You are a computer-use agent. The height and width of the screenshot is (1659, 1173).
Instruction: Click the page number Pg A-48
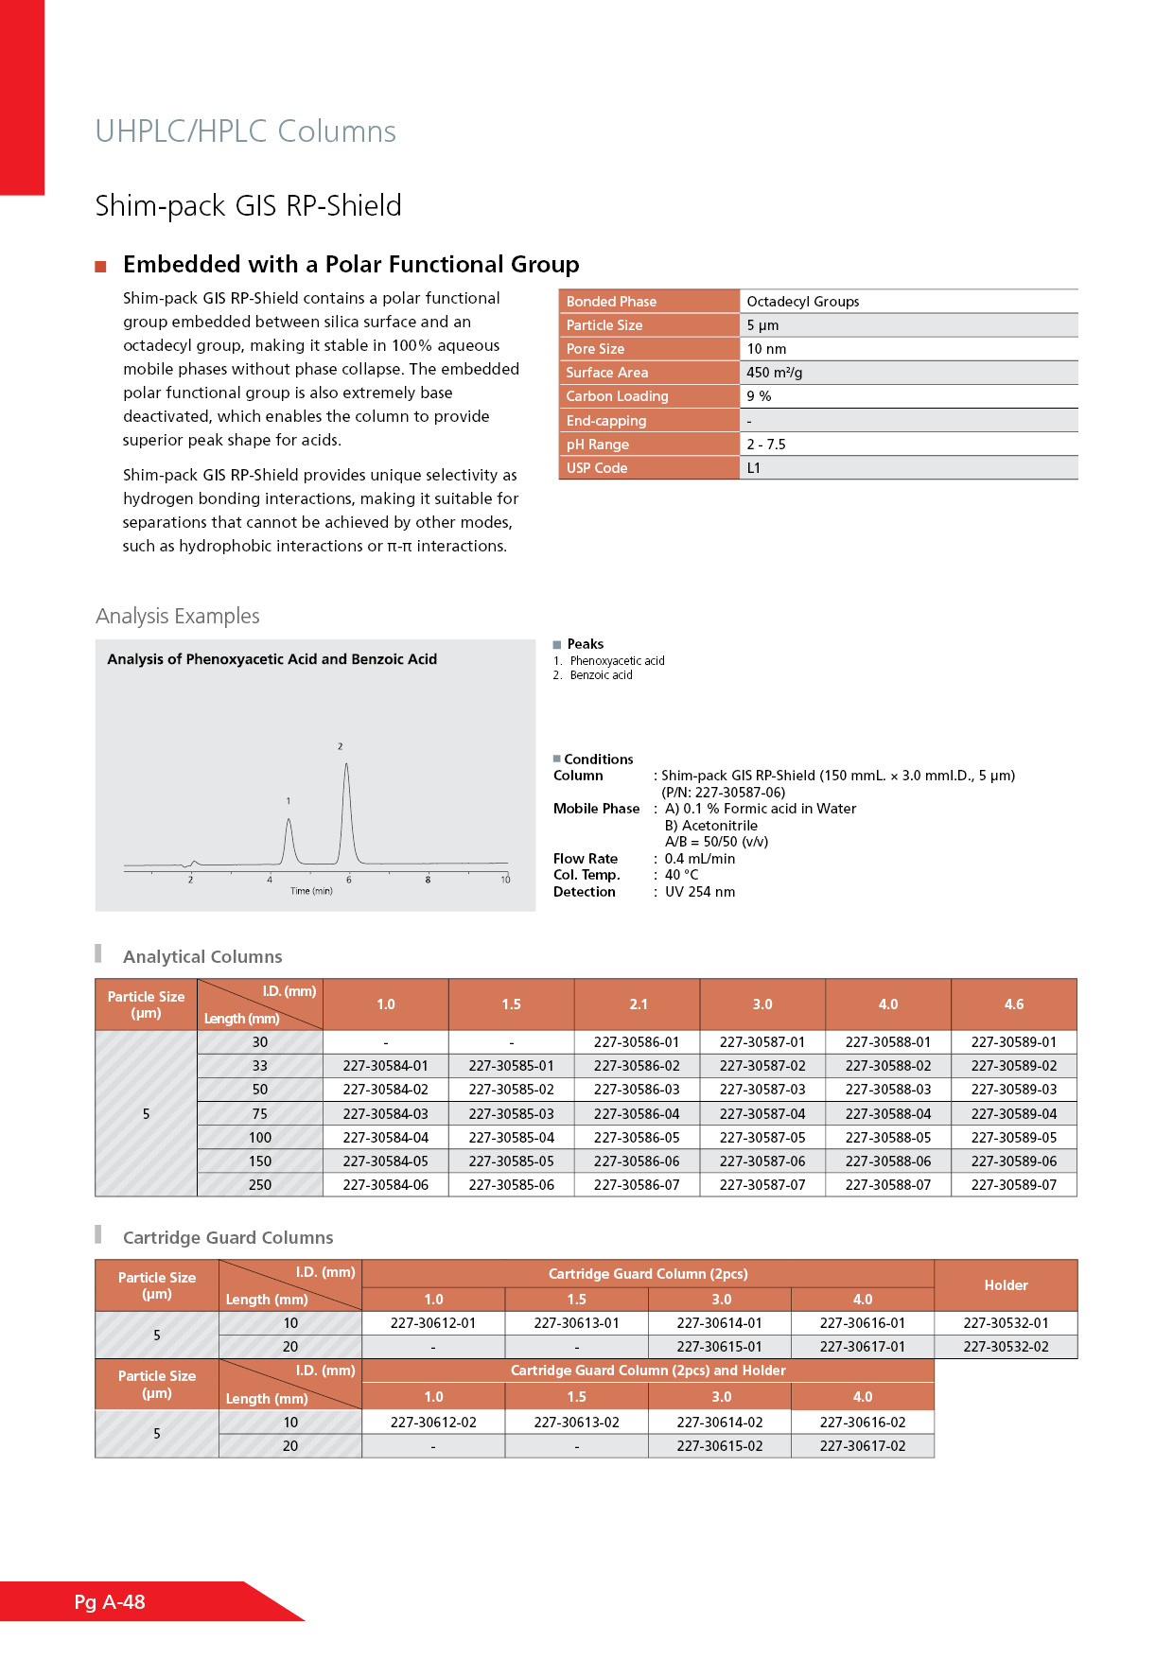(110, 1601)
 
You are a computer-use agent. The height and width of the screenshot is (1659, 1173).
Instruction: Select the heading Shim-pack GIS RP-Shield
(248, 205)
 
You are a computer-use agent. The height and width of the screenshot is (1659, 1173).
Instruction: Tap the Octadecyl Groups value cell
(802, 302)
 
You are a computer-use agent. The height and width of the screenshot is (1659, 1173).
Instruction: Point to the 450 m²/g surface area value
(774, 373)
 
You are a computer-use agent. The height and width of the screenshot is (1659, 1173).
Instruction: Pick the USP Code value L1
(754, 468)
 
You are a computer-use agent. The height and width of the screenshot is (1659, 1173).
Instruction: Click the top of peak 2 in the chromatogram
(347, 764)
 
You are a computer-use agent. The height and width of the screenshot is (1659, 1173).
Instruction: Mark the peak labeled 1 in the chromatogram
(289, 820)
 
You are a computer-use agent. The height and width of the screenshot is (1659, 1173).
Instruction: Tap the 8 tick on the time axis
(428, 880)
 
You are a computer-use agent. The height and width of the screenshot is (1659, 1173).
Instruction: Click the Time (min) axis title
(311, 891)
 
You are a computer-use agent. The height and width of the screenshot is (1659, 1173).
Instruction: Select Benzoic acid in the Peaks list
(601, 675)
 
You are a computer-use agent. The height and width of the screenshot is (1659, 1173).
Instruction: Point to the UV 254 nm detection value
(699, 892)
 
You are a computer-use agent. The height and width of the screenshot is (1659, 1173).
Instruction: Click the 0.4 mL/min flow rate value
(699, 859)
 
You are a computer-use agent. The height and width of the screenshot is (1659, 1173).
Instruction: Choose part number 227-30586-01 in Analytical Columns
(637, 1042)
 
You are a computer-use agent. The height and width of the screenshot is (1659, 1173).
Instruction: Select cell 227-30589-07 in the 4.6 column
(1013, 1185)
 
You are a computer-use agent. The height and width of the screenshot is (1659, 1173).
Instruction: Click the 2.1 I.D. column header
(639, 1004)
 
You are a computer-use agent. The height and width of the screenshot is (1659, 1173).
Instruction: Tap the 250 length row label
(260, 1185)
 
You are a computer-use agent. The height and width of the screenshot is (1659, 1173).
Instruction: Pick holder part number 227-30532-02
(1006, 1347)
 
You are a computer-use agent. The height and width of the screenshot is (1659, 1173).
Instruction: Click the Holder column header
(1006, 1285)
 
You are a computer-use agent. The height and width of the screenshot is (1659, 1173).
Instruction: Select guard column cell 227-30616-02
(863, 1423)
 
